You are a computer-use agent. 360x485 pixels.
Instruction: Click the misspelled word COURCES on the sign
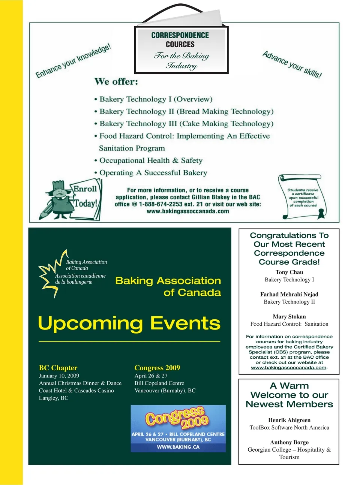180,44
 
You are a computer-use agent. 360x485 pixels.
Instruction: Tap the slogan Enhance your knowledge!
73,61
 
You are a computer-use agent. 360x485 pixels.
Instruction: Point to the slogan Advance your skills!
292,64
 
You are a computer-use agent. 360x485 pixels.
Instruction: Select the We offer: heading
116,82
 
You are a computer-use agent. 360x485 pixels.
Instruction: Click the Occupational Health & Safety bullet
151,160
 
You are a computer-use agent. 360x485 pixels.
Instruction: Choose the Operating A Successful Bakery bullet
153,173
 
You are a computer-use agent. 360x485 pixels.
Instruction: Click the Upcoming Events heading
129,323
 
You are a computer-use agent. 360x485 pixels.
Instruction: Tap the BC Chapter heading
58,368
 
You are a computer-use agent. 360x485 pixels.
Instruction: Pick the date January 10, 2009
59,376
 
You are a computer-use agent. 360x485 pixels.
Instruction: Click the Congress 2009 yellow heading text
157,368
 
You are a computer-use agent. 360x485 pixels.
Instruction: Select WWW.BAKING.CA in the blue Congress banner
178,447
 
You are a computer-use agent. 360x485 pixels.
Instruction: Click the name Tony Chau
289,272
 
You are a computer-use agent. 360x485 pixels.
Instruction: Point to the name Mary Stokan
289,316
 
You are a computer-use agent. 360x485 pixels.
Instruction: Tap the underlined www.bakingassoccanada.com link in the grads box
289,368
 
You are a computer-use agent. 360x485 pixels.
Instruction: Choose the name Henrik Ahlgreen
289,420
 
